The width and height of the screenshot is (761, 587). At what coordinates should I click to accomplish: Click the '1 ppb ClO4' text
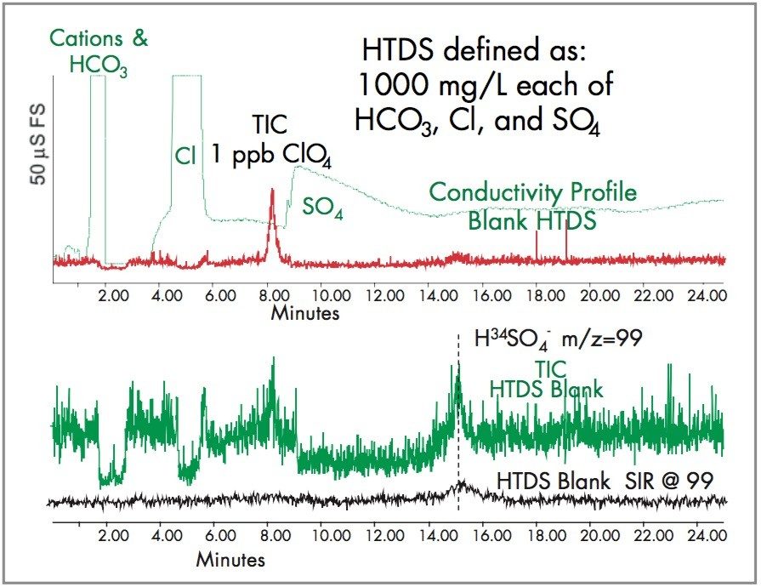[x=271, y=158]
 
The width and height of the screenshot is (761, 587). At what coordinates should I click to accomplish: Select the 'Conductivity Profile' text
[x=532, y=192]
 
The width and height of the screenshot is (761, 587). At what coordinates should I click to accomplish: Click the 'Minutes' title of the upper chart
[x=305, y=313]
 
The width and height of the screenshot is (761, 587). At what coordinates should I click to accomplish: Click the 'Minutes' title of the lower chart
[x=230, y=561]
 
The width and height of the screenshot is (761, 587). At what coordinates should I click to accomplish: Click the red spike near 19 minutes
[x=566, y=242]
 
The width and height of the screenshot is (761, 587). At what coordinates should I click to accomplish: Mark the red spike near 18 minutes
[x=537, y=245]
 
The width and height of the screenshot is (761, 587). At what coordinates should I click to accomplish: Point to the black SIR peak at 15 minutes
[x=460, y=486]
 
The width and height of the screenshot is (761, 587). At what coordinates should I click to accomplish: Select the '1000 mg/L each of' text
[x=486, y=85]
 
